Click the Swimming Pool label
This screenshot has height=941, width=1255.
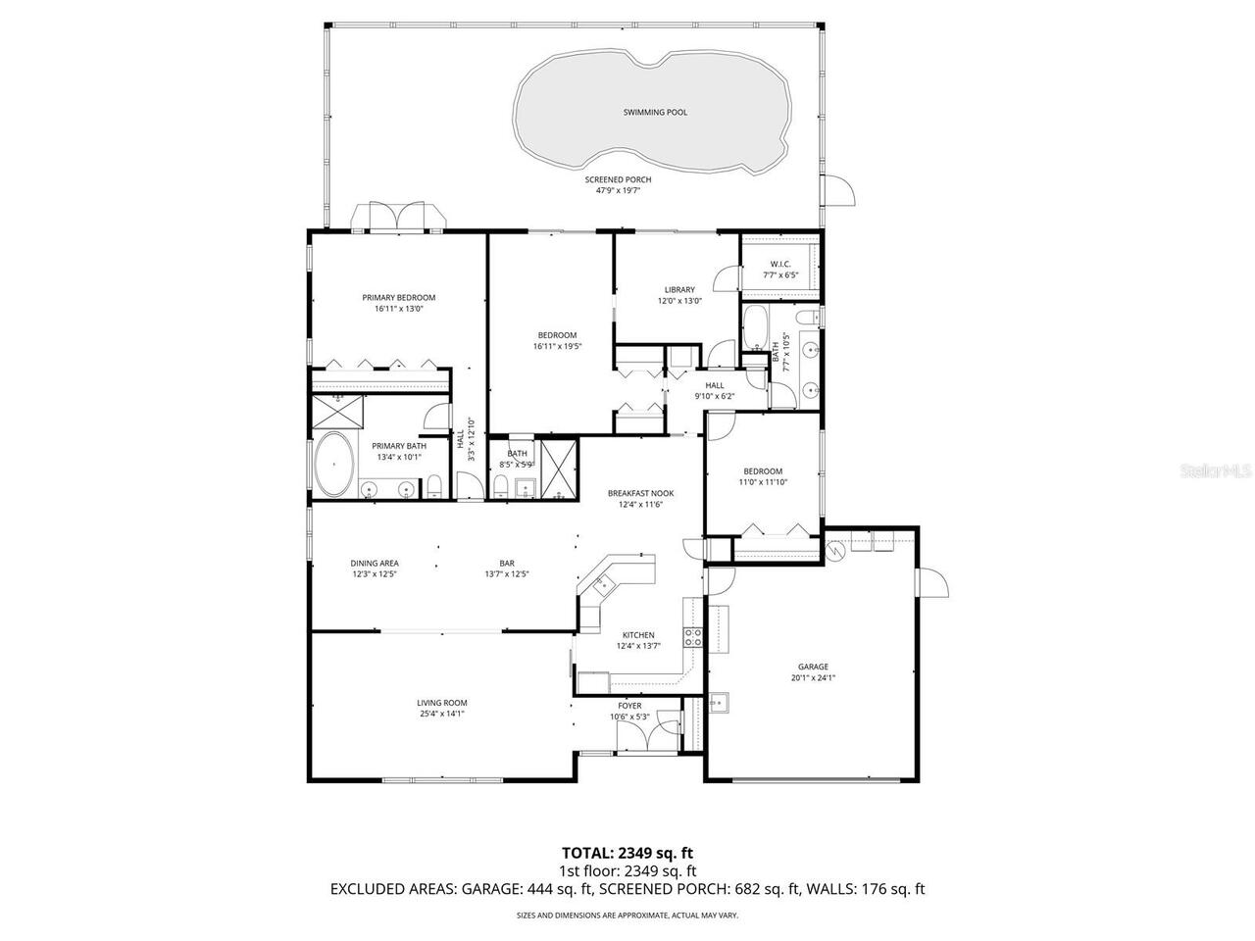[x=655, y=113]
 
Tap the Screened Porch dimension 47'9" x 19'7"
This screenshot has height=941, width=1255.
[x=618, y=191]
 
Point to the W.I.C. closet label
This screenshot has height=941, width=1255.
[x=780, y=264]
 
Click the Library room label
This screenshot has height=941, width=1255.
[x=679, y=290]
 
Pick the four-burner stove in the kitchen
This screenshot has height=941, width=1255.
[x=693, y=637]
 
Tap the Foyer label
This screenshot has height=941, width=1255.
[x=629, y=706]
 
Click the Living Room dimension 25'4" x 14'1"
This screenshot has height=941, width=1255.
[x=441, y=715]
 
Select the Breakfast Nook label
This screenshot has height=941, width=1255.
[x=640, y=494]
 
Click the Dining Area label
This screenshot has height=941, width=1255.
[x=375, y=564]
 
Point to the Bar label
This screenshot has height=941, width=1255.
[x=507, y=564]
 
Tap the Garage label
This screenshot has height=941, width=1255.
[x=813, y=667]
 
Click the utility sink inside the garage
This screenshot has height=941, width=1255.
[x=718, y=702]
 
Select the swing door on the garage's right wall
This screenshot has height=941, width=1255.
[x=931, y=582]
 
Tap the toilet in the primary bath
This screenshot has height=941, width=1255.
[x=434, y=487]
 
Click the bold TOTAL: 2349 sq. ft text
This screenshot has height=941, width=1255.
[x=627, y=852]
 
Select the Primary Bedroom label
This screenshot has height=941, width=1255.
[x=398, y=298]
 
